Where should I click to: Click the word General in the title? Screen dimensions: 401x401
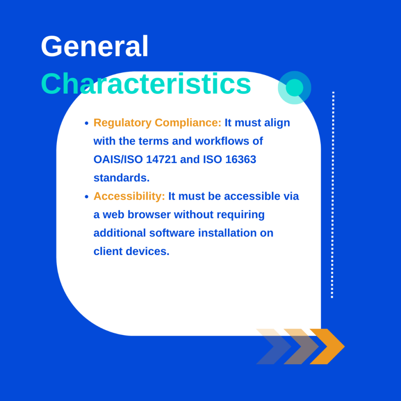pyautogui.click(x=95, y=46)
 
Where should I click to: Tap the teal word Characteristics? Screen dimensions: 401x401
pyautogui.click(x=146, y=84)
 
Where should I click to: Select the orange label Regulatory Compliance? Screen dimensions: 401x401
pyautogui.click(x=157, y=123)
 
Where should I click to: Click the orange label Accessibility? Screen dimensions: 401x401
pyautogui.click(x=129, y=197)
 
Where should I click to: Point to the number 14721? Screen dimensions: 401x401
pyautogui.click(x=161, y=160)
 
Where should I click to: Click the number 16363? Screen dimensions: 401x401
pyautogui.click(x=241, y=160)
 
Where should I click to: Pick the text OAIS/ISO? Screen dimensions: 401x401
pyautogui.click(x=118, y=160)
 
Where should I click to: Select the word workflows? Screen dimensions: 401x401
pyautogui.click(x=222, y=141)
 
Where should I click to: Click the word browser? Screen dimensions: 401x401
pyautogui.click(x=149, y=215)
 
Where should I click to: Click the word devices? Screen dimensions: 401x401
pyautogui.click(x=148, y=251)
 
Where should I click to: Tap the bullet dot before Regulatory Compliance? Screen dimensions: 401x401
pyautogui.click(x=87, y=123)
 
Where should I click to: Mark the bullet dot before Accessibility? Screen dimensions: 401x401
pyautogui.click(x=87, y=197)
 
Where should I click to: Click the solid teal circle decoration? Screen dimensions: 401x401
pyautogui.click(x=294, y=88)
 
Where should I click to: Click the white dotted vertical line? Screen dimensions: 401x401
pyautogui.click(x=332, y=195)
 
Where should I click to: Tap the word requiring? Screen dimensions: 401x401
pyautogui.click(x=241, y=215)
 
